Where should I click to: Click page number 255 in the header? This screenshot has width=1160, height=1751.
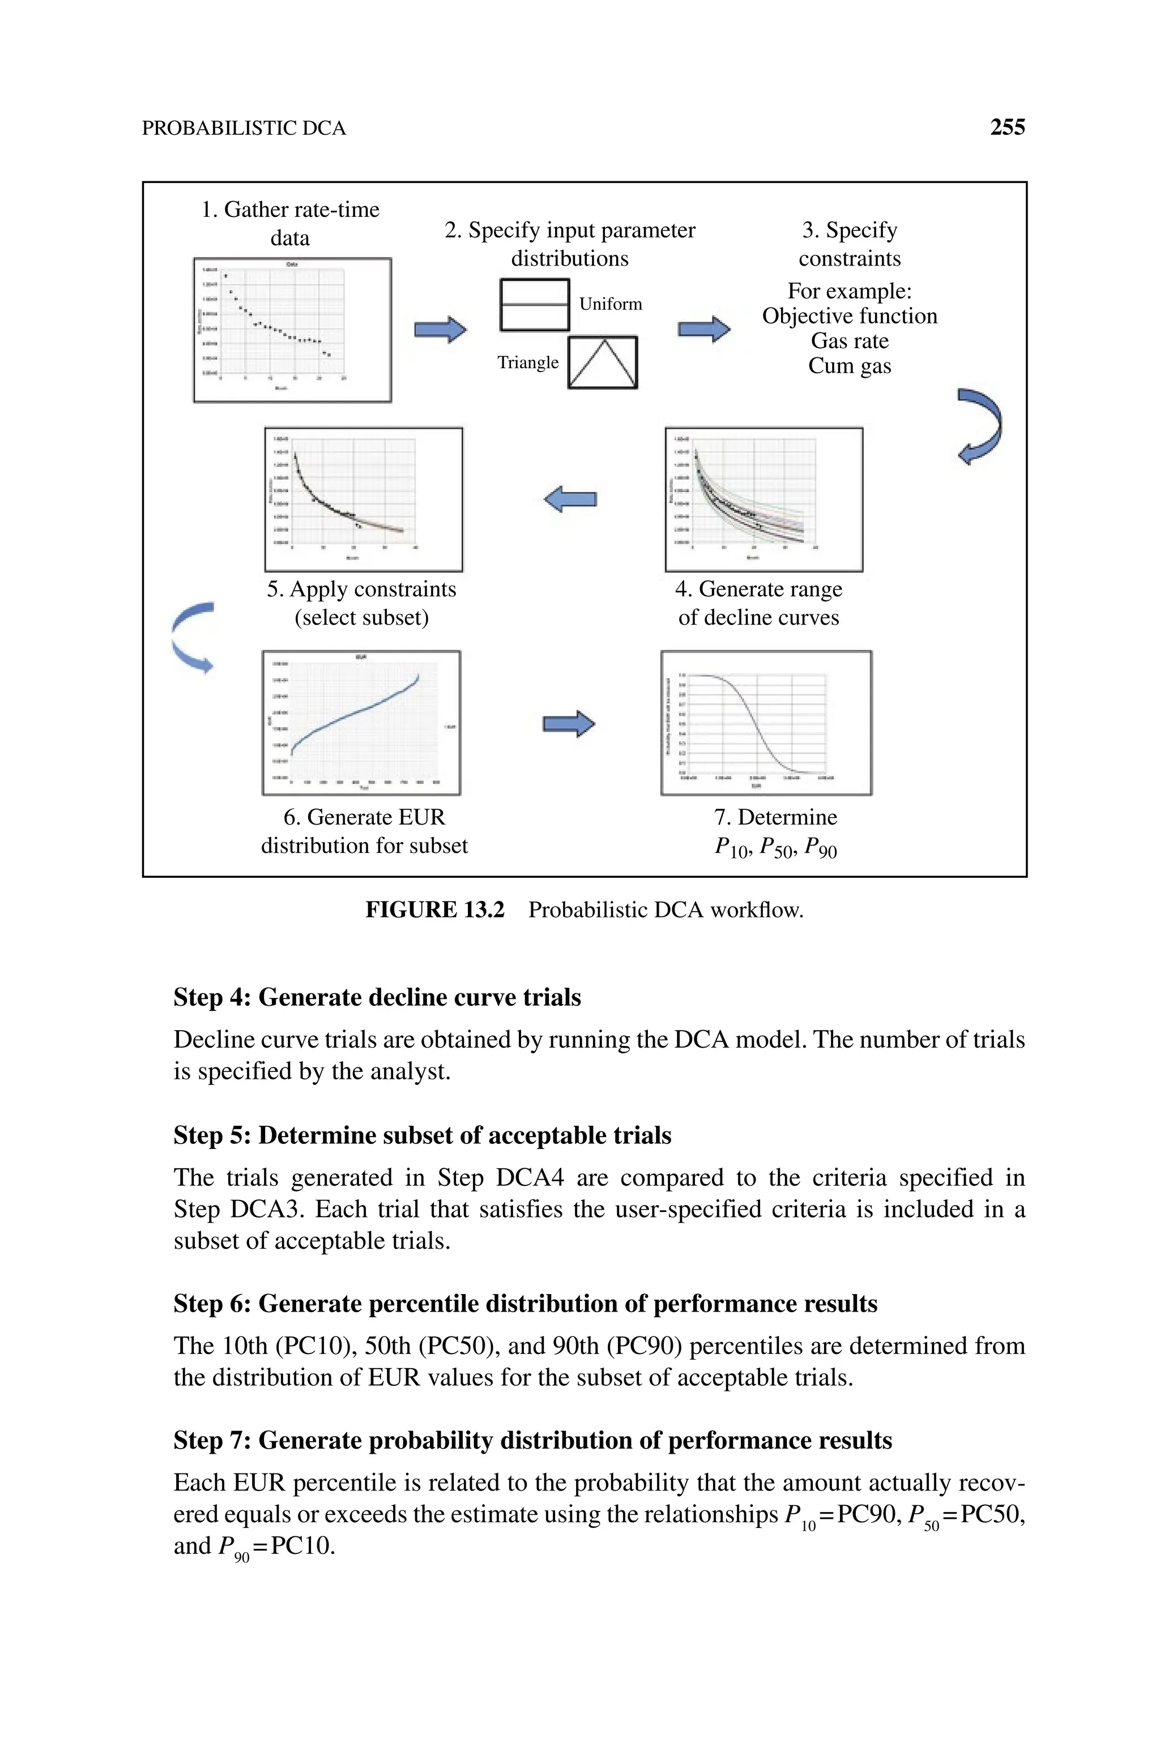coord(1007,127)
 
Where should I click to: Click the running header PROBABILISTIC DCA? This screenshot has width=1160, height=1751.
coord(244,129)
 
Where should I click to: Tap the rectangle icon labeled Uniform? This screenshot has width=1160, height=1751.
coord(534,305)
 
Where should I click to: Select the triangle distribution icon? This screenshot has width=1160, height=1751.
coord(603,362)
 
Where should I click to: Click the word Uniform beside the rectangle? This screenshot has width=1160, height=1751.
coord(611,304)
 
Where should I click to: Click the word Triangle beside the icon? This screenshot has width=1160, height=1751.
coord(527,362)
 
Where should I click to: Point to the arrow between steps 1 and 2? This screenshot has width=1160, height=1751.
coord(440,329)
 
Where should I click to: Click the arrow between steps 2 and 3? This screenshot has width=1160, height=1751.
coord(704,329)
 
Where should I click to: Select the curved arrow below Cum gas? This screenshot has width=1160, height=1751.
coord(981,426)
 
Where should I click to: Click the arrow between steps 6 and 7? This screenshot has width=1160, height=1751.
coord(569,724)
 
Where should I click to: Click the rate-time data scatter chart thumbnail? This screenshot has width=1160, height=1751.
coord(292,330)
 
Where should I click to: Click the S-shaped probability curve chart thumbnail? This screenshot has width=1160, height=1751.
coord(766,723)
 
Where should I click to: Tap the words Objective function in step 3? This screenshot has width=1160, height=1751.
coord(849,317)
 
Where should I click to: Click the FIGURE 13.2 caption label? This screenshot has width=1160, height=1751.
coord(434,909)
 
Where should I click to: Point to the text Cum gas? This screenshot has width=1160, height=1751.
coord(849,366)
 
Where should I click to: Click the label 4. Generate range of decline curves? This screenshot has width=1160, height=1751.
coord(758,603)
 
